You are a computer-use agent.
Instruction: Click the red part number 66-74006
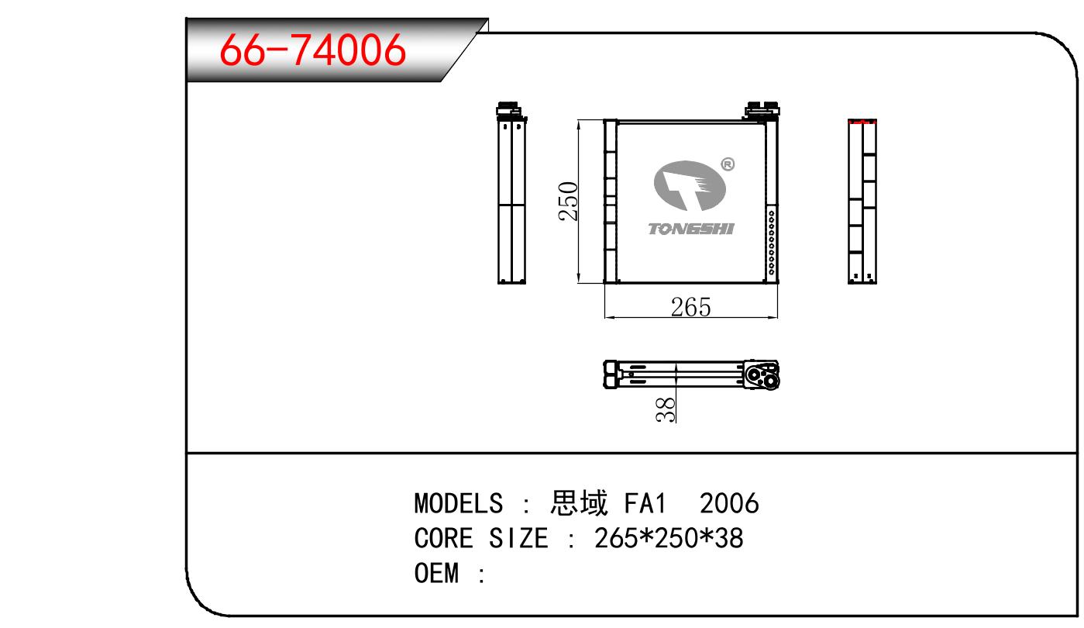click(312, 50)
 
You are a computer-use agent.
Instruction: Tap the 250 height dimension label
click(568, 202)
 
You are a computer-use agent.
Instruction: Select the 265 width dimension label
click(690, 307)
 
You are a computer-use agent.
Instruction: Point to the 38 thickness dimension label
click(666, 409)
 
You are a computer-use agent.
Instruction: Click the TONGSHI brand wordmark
click(691, 229)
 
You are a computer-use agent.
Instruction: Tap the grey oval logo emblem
click(690, 186)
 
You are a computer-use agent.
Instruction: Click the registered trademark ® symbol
click(728, 164)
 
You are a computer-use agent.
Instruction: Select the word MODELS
click(459, 503)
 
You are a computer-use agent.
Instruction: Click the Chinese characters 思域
click(579, 502)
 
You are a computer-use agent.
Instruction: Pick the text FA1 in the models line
click(645, 503)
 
